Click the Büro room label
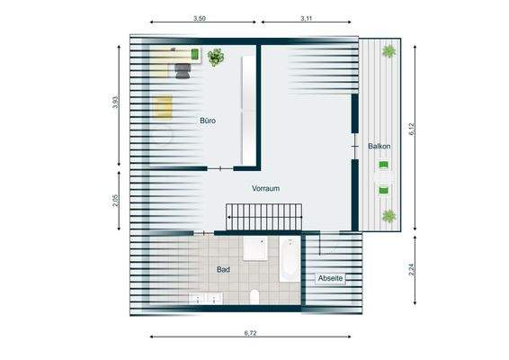click(x=207, y=120)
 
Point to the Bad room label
click(x=223, y=269)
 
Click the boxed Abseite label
click(x=330, y=279)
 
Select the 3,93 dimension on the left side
click(x=115, y=103)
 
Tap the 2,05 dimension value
click(x=115, y=200)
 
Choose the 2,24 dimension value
click(x=412, y=267)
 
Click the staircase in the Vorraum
click(x=264, y=217)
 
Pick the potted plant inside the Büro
click(x=215, y=58)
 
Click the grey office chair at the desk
click(x=183, y=70)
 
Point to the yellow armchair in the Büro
click(x=164, y=107)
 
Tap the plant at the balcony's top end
click(x=388, y=52)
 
